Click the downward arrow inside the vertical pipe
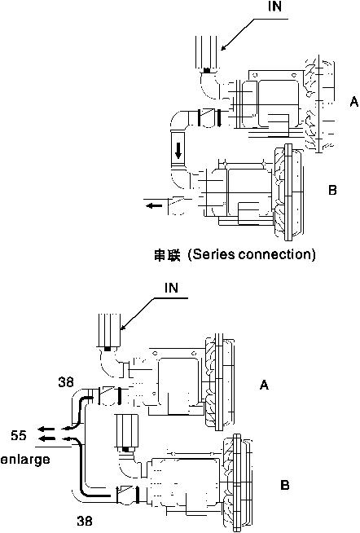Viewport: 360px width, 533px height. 178,150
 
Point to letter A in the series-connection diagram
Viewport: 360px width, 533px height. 353,101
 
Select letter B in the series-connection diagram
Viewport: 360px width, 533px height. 332,189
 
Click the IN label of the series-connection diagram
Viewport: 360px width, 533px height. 274,6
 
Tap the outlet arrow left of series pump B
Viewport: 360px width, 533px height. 153,205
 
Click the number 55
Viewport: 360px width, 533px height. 19,434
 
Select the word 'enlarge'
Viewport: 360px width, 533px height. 25,459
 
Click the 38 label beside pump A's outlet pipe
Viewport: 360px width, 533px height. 65,381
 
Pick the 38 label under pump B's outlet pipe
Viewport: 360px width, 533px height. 84,521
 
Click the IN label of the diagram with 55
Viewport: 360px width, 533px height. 171,288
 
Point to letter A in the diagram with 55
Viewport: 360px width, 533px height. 264,385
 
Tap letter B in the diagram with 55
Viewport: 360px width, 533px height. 284,485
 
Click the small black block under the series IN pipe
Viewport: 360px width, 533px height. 207,70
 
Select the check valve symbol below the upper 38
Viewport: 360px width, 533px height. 108,395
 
